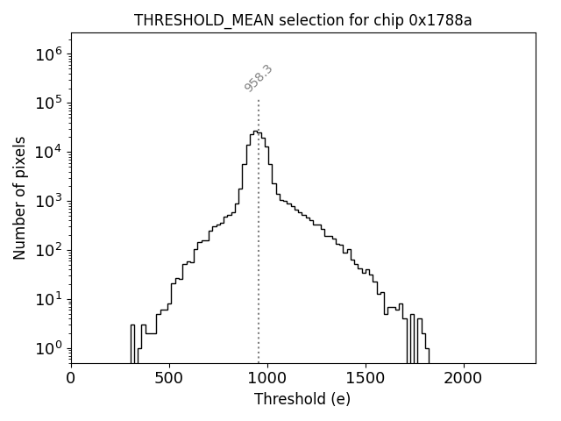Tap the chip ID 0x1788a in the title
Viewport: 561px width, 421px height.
pos(441,20)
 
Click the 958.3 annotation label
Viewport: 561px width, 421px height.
pos(259,78)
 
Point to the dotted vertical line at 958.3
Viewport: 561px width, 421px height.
pos(259,263)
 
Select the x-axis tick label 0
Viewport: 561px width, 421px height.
pos(71,378)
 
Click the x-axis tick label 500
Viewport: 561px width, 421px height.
pos(169,378)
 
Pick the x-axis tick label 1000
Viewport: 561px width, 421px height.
pos(267,378)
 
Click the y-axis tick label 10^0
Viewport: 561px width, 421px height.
pos(49,349)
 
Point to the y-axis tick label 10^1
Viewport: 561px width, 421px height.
pos(49,300)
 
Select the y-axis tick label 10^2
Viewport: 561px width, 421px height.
pos(49,251)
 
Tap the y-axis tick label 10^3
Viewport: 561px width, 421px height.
pos(49,202)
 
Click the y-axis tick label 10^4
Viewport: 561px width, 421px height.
pos(49,153)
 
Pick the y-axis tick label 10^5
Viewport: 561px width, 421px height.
pos(49,103)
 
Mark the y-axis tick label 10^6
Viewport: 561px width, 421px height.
pos(49,54)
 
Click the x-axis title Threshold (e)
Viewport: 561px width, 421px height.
pos(302,399)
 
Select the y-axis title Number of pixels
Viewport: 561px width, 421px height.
pos(20,198)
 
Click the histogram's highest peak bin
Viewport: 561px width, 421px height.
pos(255,132)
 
